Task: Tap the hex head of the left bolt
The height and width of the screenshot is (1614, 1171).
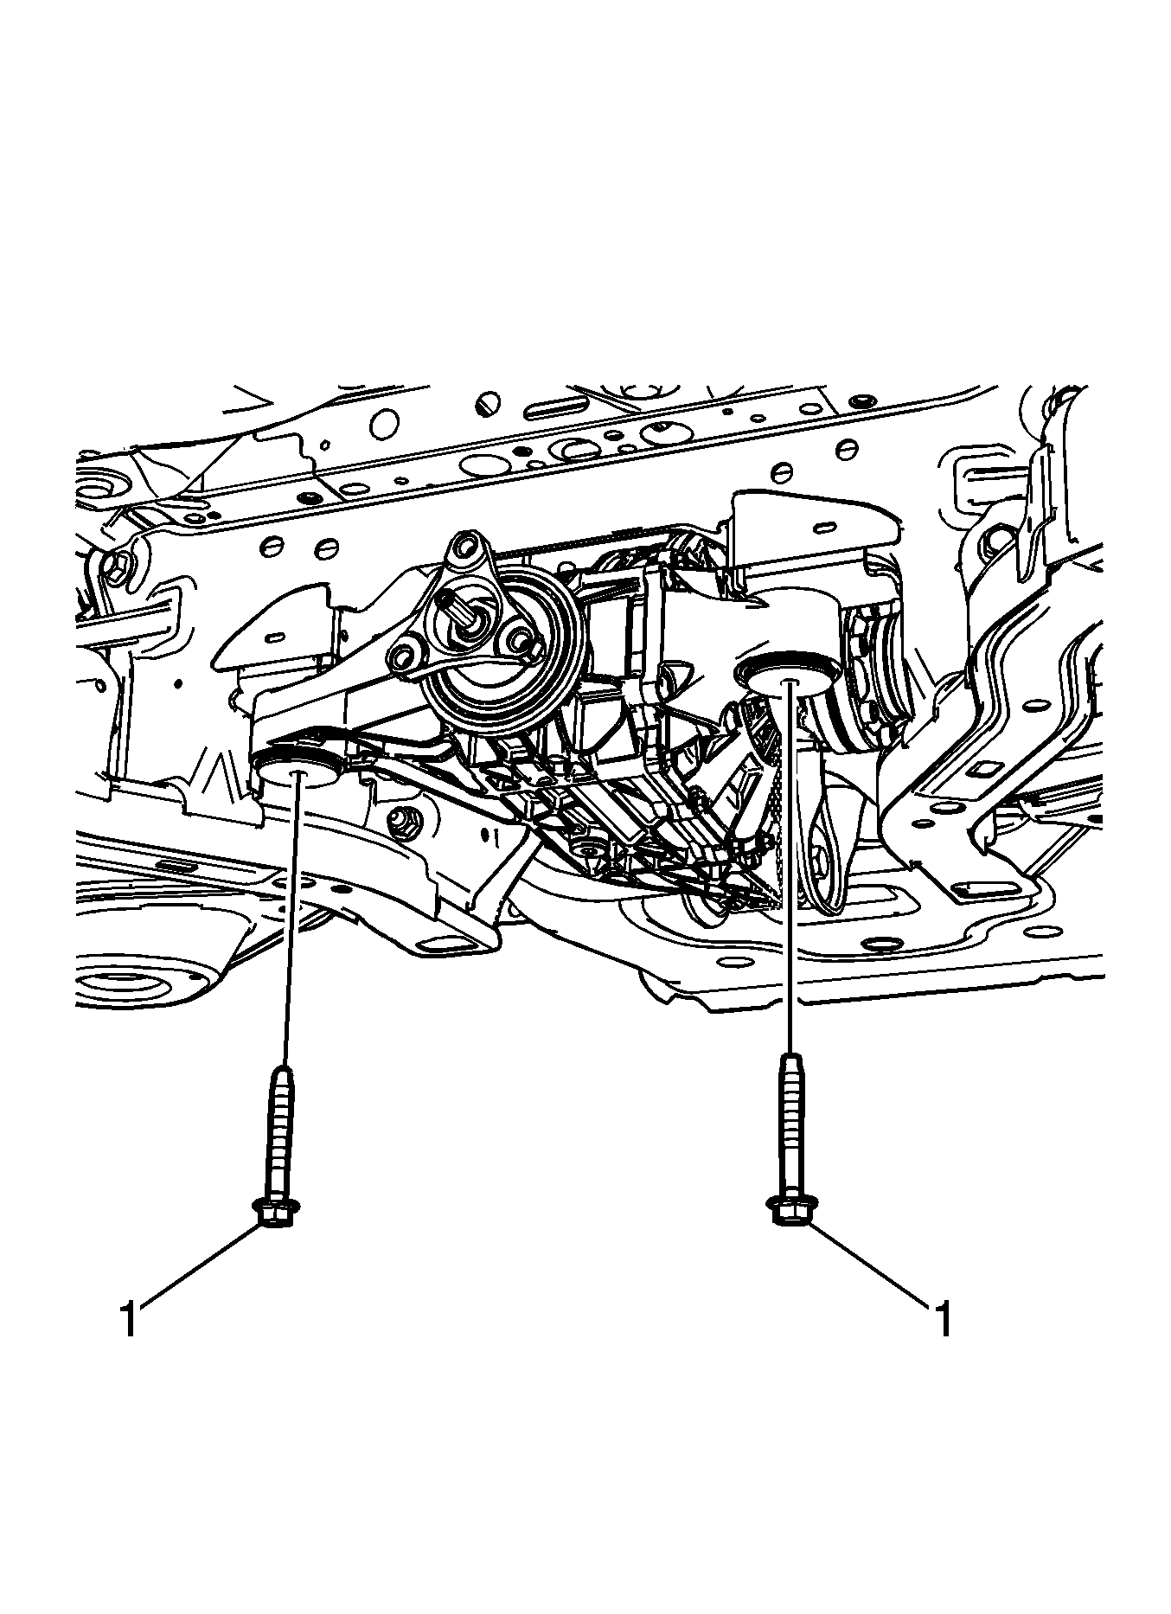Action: coord(276,1213)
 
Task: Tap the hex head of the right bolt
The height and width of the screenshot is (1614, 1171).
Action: coord(790,1210)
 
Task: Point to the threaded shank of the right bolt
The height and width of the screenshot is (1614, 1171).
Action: coord(790,1125)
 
